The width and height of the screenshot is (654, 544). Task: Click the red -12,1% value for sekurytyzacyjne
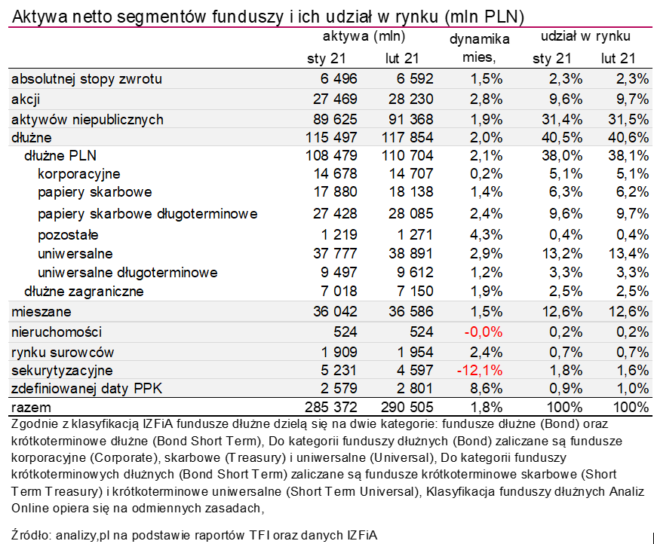point(480,371)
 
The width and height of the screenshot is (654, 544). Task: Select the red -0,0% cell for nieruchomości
point(484,332)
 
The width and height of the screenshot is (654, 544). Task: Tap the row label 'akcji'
point(26,99)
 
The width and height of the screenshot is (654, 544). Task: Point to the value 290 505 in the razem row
point(407,408)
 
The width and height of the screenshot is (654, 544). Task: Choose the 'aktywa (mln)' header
point(364,35)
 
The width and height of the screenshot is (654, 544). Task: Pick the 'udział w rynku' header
point(585,35)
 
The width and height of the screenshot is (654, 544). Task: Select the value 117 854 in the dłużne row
point(407,137)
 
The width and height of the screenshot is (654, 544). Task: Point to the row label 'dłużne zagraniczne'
point(84,291)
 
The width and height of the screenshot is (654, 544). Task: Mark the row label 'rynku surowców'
point(63,352)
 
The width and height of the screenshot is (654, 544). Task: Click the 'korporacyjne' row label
point(78,174)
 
